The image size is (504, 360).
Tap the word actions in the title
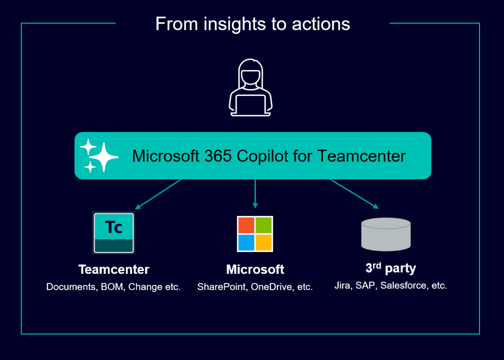point(321,24)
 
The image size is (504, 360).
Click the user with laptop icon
point(251,87)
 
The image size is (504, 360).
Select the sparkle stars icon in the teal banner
point(99,155)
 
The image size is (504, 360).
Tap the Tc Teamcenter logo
point(113,232)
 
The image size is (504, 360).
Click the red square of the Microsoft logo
point(246,225)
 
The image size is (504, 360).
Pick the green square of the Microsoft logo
point(264,225)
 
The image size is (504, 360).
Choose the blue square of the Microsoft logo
point(246,242)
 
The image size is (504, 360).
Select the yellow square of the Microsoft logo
point(264,242)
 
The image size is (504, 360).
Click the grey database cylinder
point(386,234)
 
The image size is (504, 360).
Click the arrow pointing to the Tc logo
point(158,194)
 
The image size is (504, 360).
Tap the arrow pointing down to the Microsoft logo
point(255,193)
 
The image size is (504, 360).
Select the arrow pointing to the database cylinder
point(354,194)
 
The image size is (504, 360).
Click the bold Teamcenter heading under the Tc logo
point(114,269)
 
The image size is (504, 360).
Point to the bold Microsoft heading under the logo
point(255,269)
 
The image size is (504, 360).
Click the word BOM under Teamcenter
point(112,286)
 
